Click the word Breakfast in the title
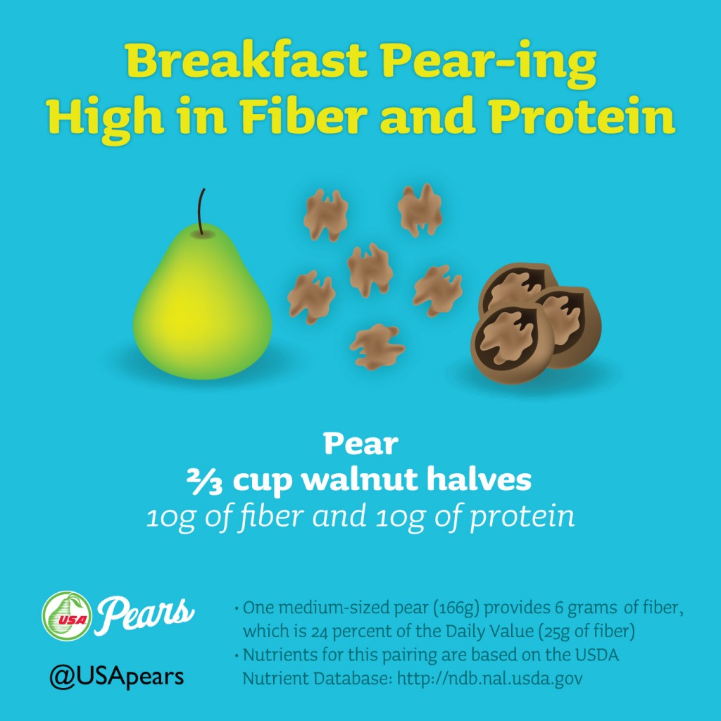tap(246, 61)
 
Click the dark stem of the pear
tap(201, 211)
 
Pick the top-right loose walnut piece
tap(420, 210)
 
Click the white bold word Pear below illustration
tap(360, 444)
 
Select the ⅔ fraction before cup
tap(205, 482)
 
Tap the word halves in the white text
tap(479, 479)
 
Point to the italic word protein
tap(522, 516)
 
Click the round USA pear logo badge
tap(67, 615)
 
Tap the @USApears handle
tap(117, 677)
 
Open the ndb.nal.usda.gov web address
tap(490, 678)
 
